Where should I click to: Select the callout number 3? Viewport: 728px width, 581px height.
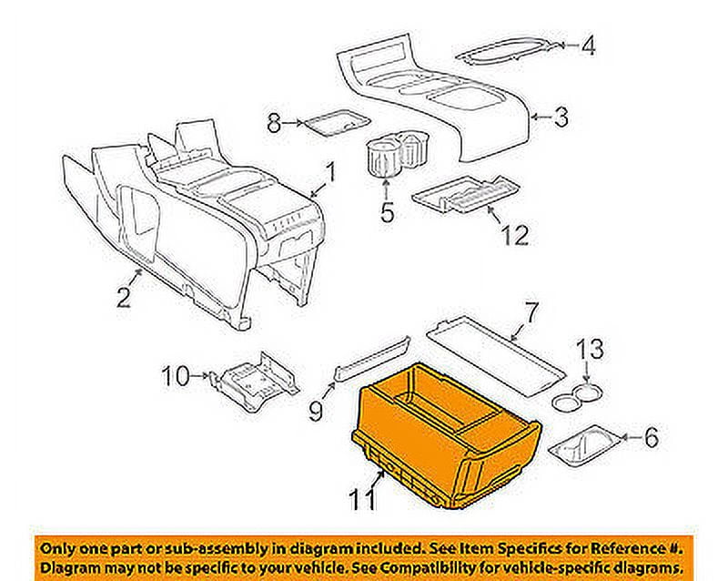[x=562, y=117]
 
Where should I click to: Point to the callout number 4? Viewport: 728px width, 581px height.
[x=589, y=45]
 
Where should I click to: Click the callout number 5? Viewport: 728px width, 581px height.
[x=387, y=214]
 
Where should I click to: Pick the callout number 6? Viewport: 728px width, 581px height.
[x=650, y=439]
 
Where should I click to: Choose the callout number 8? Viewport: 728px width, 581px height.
[x=272, y=121]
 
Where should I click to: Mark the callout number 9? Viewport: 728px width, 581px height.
[x=316, y=412]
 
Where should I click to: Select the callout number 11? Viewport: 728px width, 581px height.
[x=362, y=498]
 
